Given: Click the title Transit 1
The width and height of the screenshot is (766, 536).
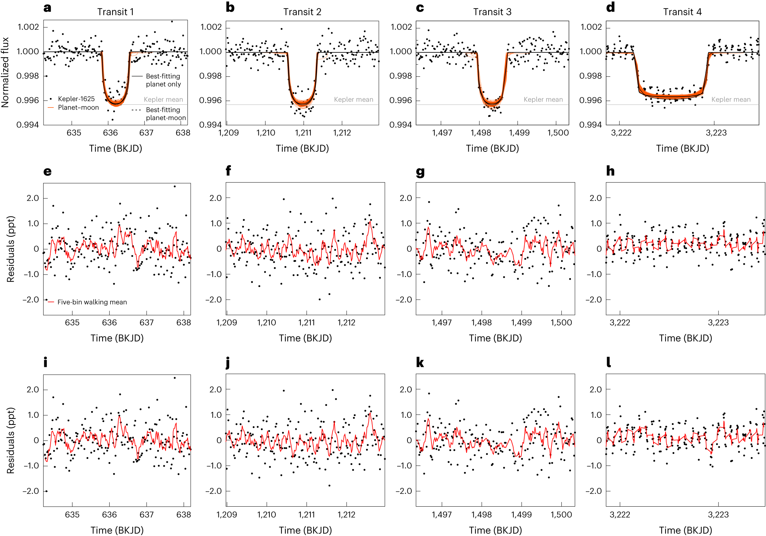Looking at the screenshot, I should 115,12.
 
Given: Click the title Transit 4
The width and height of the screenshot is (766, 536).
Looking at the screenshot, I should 682,12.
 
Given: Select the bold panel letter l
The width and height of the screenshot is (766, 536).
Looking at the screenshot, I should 608,362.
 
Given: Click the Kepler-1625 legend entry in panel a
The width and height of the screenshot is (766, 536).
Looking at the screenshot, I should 76,99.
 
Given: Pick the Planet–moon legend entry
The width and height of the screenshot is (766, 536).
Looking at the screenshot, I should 78,108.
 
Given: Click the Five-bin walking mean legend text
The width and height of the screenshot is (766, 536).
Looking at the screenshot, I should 92,302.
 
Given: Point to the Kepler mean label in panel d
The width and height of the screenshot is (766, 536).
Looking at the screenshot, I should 731,100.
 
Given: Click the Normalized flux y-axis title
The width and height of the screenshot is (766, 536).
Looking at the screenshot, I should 5,72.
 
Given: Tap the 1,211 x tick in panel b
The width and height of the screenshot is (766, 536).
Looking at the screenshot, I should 303,133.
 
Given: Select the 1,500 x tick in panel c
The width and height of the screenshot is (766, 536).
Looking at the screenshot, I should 558,133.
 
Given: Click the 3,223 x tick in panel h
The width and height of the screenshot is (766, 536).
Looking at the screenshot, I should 718,323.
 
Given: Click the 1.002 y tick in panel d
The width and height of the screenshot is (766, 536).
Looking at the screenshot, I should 591,27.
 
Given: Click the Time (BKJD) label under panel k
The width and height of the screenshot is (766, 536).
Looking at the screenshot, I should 495,530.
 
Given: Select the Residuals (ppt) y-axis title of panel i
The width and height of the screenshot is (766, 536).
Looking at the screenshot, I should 11,440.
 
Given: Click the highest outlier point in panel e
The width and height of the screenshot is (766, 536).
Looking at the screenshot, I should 175,186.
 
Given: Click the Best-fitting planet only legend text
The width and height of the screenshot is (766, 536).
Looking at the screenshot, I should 163,80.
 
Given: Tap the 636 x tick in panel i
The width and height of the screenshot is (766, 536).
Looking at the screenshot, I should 109,514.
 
